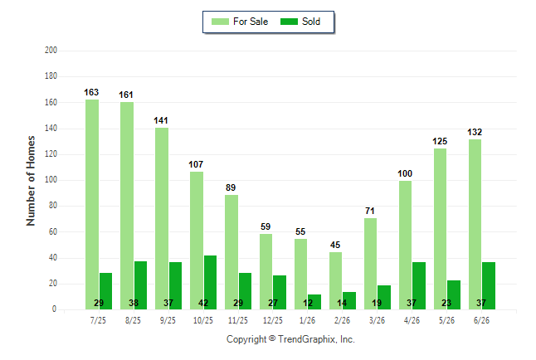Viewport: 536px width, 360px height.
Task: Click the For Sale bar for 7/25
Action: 92,204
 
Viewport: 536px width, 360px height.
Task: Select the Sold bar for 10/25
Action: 210,282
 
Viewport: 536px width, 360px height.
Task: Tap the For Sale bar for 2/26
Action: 336,280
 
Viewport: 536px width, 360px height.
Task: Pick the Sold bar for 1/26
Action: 314,302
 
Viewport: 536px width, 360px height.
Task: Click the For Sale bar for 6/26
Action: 475,224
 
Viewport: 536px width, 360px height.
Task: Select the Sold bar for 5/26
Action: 454,294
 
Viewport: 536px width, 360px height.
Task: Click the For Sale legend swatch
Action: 220,22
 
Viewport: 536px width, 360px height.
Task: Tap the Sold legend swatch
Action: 290,22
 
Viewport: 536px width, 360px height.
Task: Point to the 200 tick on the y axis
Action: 51,51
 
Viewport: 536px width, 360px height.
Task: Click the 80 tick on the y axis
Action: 52,206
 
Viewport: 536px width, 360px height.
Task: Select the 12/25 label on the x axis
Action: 273,320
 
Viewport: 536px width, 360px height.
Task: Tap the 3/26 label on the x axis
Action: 377,320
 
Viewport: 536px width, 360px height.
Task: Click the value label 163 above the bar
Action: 91,92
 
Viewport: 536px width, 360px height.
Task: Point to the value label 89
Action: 231,187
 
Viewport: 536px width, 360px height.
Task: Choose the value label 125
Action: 440,141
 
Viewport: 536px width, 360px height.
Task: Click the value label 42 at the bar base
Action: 203,303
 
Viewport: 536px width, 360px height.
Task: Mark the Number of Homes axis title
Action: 31,181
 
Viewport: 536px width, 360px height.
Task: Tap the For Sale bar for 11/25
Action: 231,252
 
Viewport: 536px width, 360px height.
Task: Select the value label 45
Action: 335,246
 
